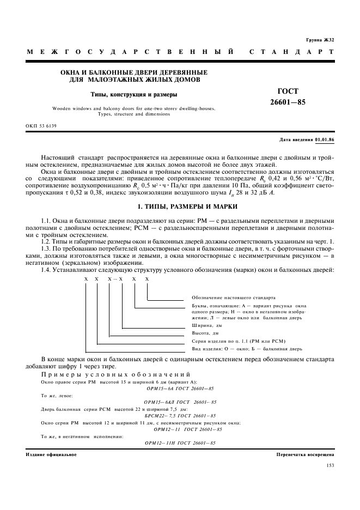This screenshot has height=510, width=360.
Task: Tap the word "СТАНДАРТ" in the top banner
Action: click(291, 52)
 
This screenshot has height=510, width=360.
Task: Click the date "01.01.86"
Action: click(325, 140)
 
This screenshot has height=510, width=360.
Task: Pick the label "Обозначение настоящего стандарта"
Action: click(233, 297)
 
